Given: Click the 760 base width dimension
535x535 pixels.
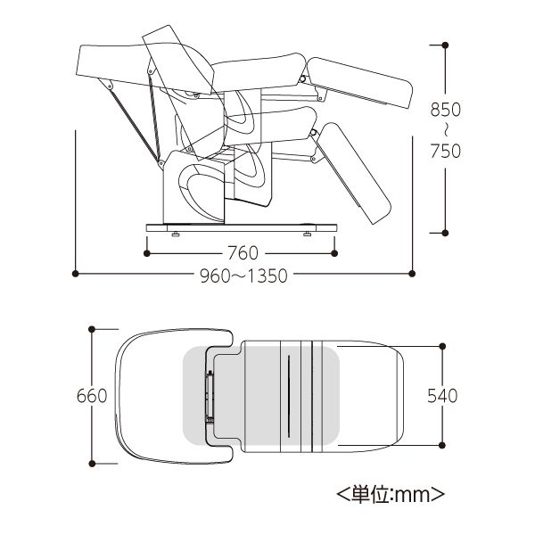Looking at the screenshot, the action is click(x=243, y=253).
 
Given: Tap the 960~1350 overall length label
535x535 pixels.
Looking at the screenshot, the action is click(x=243, y=276).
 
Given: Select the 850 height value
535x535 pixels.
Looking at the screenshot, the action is click(x=445, y=110).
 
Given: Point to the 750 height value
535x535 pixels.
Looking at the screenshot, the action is click(x=445, y=152).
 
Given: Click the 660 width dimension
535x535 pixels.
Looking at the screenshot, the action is click(x=92, y=396).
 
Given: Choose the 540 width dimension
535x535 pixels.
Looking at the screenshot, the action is click(x=442, y=396).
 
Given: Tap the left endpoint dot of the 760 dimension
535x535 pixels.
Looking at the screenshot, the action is click(x=147, y=253).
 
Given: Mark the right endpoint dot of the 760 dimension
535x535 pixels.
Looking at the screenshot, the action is click(x=334, y=253).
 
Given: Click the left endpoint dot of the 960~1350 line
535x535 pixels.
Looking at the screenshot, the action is click(x=76, y=274).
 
